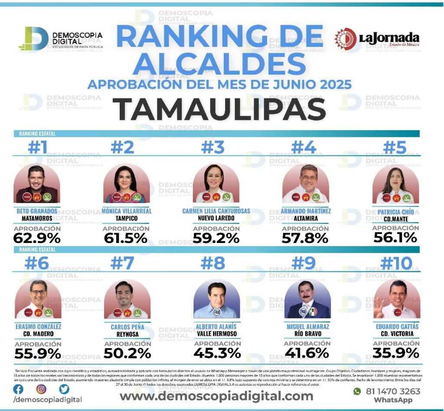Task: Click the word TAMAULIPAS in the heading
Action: click(x=222, y=109)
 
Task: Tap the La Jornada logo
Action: click(x=377, y=39)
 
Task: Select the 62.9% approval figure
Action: click(x=37, y=238)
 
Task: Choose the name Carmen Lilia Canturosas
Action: click(x=216, y=211)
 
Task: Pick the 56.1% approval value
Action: click(x=395, y=237)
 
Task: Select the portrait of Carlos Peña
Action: click(x=126, y=299)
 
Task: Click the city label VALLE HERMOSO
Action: click(x=216, y=334)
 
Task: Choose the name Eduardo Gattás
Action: click(x=396, y=326)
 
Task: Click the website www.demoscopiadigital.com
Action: click(x=216, y=396)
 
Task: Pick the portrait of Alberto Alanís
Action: click(x=216, y=299)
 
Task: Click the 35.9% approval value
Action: click(x=396, y=352)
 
